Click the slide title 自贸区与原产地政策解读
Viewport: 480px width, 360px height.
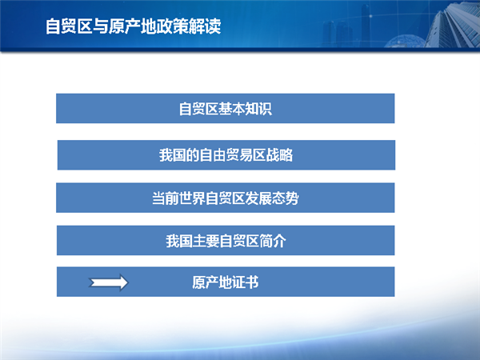pos(133,26)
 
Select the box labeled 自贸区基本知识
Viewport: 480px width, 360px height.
pos(226,108)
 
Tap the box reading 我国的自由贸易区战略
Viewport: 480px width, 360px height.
pos(226,155)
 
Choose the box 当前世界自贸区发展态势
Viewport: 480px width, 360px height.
pos(226,198)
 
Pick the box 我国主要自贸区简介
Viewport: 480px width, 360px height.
pos(226,240)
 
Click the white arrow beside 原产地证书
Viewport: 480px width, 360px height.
pos(108,282)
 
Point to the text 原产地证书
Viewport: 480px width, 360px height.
pos(226,282)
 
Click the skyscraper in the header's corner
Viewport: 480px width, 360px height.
pos(453,24)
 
